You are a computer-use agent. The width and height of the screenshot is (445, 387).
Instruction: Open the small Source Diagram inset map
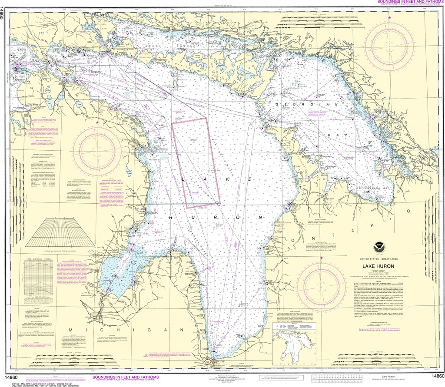pos(292,343)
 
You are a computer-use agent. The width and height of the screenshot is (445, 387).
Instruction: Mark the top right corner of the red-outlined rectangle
pos(205,118)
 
